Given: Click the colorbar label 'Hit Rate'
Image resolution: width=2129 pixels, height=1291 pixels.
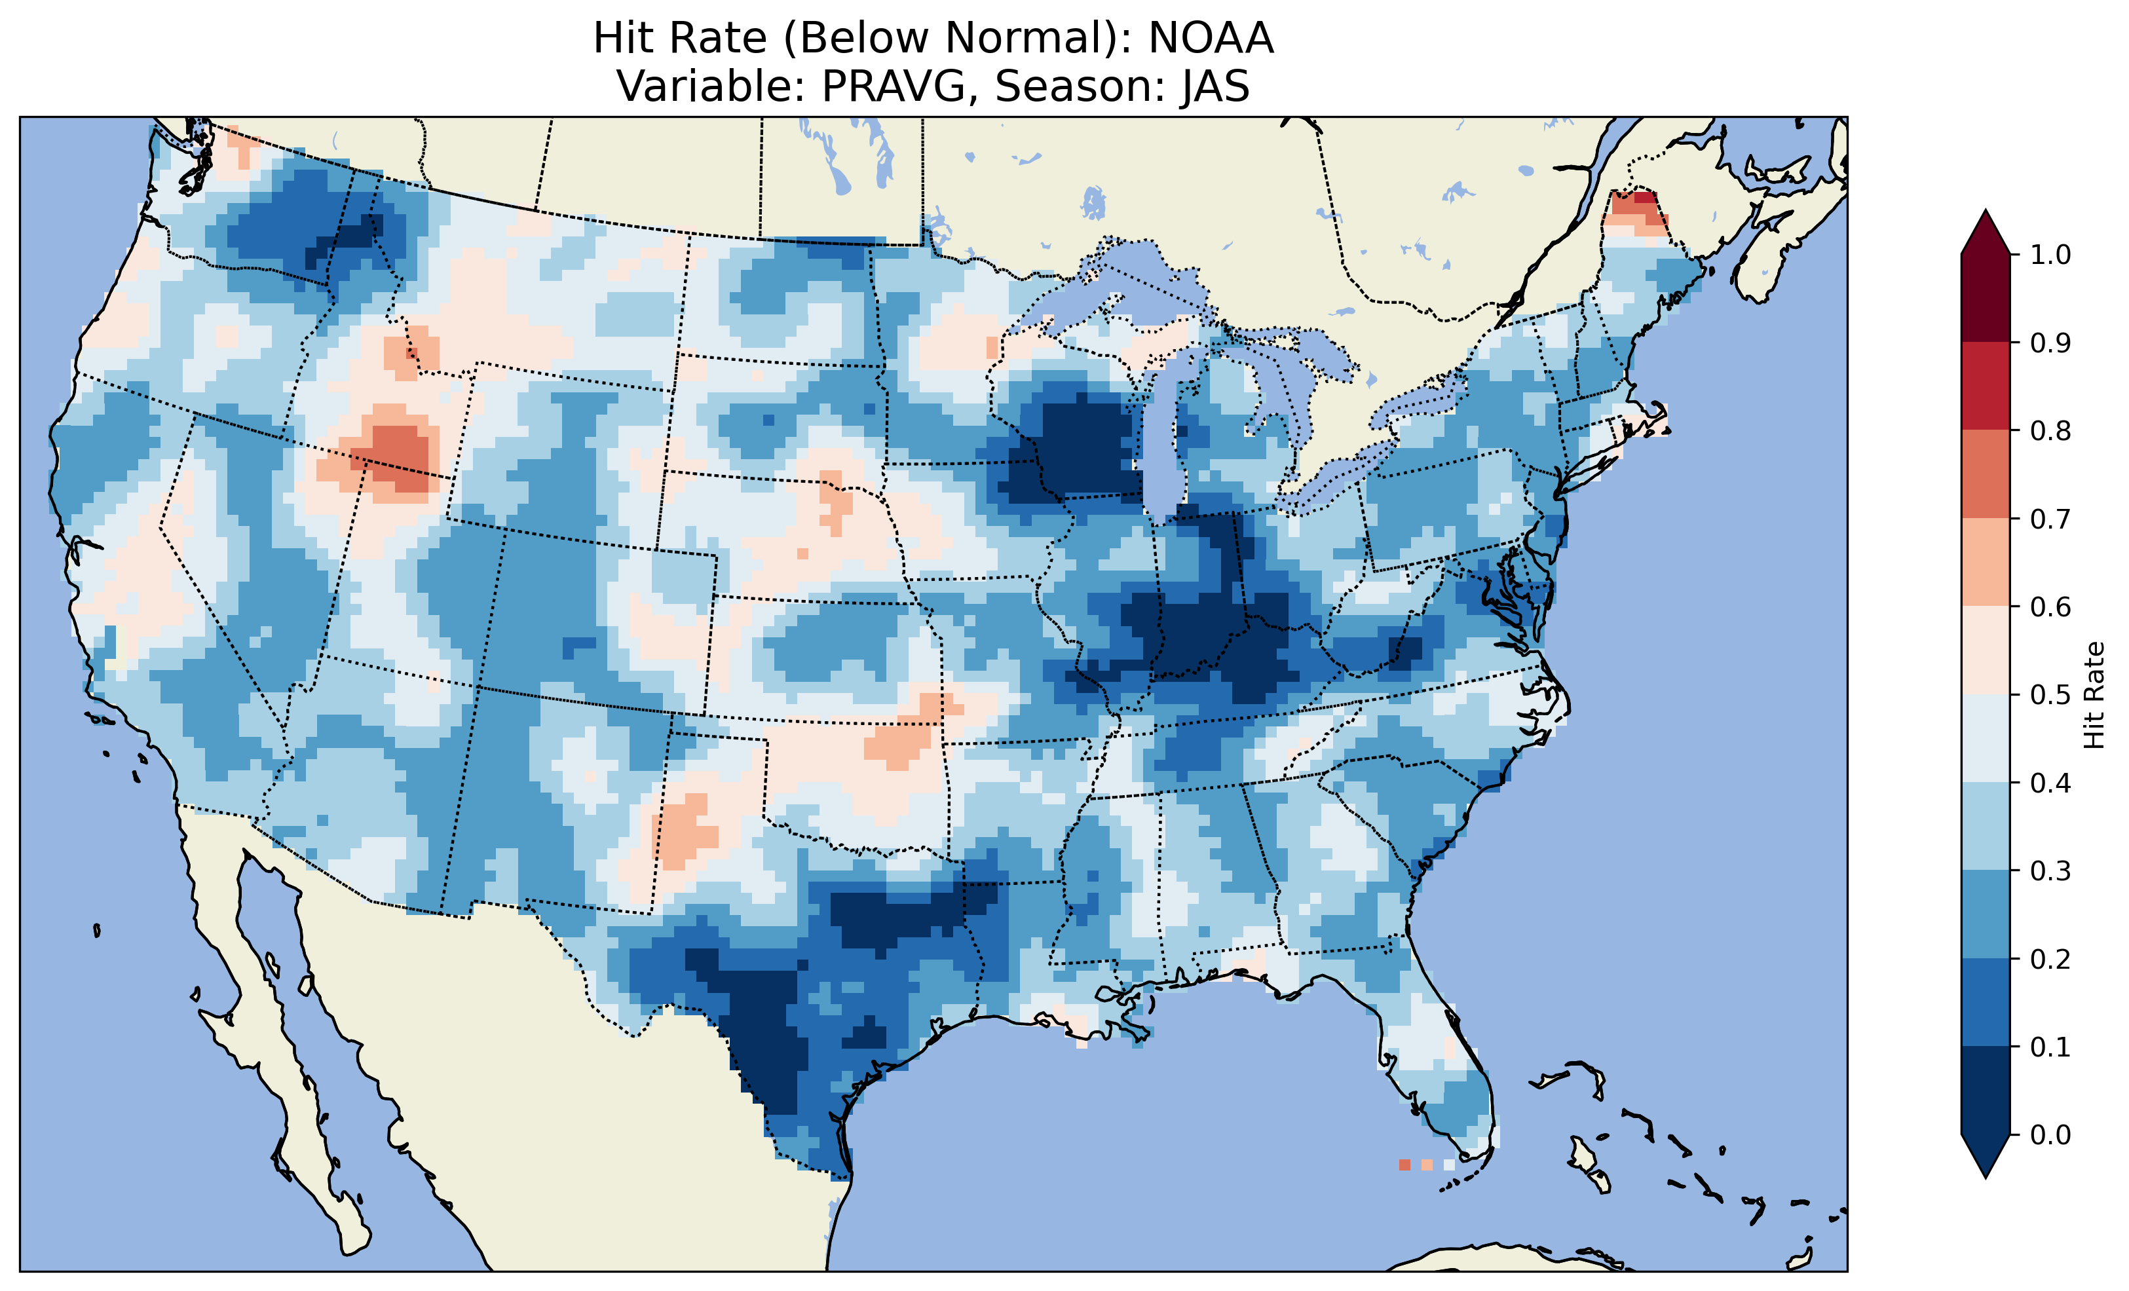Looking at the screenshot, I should coord(2094,695).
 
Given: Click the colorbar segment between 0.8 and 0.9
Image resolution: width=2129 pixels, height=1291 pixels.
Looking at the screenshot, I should coord(1986,385).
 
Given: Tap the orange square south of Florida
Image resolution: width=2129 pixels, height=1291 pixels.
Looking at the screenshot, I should coord(1404,1165).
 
